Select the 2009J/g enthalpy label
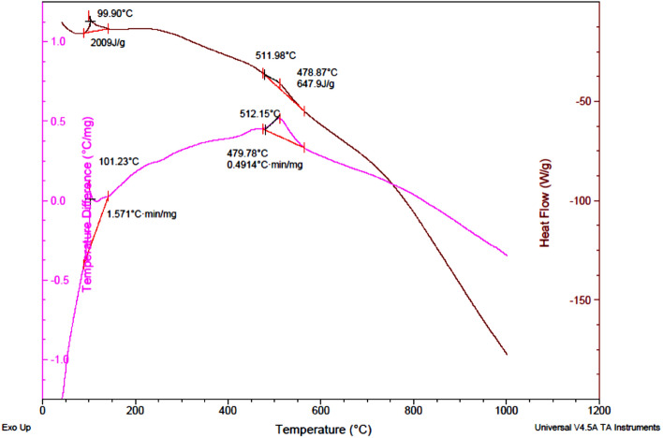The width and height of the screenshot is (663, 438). (111, 42)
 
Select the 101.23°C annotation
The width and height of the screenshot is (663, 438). (119, 161)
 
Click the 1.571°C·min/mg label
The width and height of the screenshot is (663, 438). (142, 213)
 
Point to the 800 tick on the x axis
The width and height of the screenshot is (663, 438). (414, 409)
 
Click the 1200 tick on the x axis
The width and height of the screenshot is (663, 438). (599, 409)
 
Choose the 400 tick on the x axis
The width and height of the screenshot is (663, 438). (228, 409)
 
